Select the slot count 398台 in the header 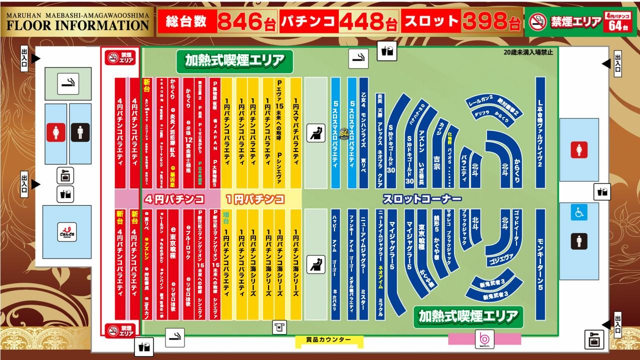point(491,21)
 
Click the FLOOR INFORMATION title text point(77,24)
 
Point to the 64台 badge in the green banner point(618,26)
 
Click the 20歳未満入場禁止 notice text point(528,52)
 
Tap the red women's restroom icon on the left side point(56,133)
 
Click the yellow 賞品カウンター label point(328,340)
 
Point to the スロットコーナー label point(414,198)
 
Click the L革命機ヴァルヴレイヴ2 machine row point(540,132)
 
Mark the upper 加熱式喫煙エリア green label point(234,61)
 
